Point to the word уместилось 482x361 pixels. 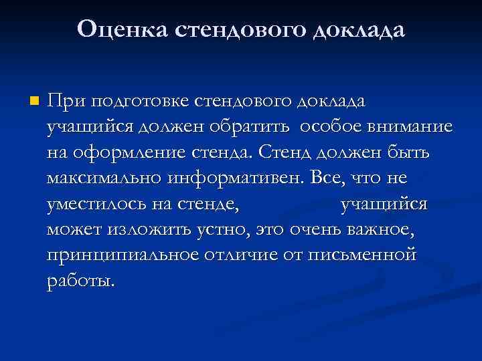94,205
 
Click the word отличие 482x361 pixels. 254,256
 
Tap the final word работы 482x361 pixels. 80,281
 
